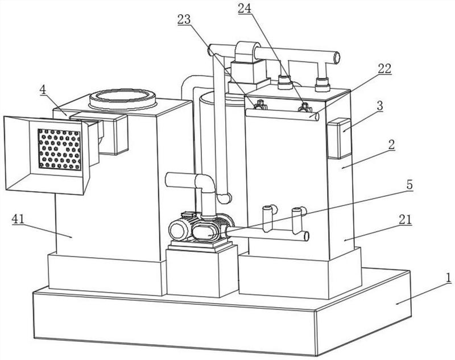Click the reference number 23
184,19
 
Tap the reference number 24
245,9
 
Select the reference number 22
384,69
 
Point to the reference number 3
380,106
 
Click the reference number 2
392,145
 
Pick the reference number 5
409,185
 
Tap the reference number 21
405,220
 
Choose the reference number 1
449,278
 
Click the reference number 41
18,219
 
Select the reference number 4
43,89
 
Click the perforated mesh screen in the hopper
60,149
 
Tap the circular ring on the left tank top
123,98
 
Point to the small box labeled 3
339,138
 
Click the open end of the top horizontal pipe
336,57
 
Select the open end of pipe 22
316,117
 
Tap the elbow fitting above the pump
205,184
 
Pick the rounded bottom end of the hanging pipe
224,198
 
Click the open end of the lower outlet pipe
305,236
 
